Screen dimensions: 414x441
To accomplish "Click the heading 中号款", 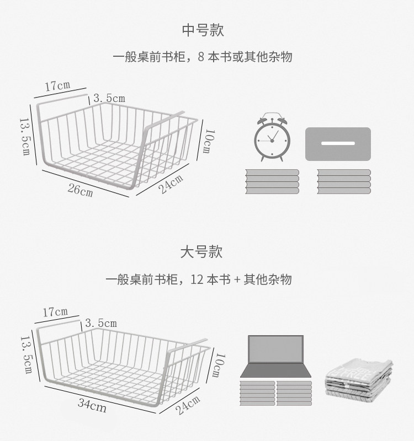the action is point(203,30).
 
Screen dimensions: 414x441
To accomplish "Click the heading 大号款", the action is point(201,252).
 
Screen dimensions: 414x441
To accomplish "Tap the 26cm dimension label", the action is point(80,191).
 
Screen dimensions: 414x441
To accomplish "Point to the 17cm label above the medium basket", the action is point(57,85).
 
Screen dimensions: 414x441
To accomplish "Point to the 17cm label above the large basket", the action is point(55,312).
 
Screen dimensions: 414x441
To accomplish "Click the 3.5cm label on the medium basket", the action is point(109,98).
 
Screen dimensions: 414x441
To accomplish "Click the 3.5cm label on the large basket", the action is point(100,323).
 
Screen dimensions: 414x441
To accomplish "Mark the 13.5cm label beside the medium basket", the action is point(25,136).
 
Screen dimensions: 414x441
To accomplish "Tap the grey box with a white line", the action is point(338,144).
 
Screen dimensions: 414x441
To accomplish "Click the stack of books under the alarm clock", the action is point(272,181).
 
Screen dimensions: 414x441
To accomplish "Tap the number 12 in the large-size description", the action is point(197,280).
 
